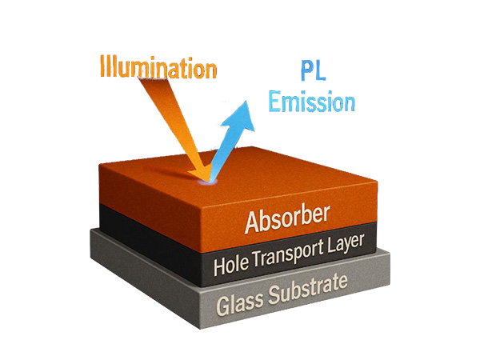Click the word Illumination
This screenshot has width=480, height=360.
[x=158, y=67]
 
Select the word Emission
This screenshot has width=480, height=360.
[x=311, y=102]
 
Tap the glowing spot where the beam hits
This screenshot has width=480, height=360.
[x=209, y=181]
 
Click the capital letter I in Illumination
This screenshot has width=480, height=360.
[x=103, y=66]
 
